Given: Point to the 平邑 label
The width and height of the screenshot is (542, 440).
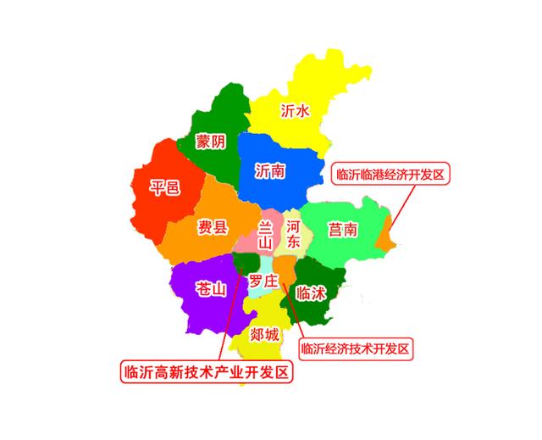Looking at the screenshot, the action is pos(164,187).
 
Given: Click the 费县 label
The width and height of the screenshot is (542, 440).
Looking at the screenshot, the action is pos(213,226).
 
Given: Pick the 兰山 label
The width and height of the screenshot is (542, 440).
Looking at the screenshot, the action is pos(265,234).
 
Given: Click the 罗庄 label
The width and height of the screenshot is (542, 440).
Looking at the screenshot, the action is pos(263,280).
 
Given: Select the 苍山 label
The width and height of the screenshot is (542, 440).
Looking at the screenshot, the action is pos(211,288).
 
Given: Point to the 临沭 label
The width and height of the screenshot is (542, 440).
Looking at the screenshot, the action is pos(312,293).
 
